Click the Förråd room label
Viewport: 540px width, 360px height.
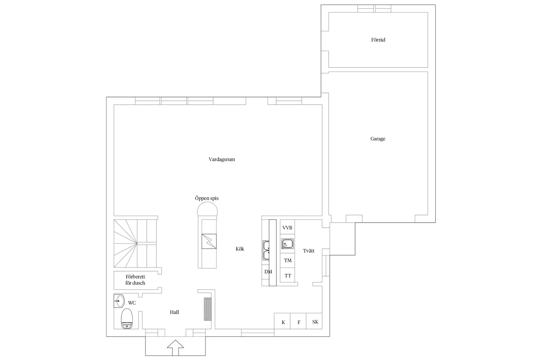(378, 40)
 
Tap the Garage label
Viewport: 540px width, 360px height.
(378, 139)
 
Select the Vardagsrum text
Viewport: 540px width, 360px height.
(222, 159)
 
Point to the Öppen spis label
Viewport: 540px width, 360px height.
(207, 198)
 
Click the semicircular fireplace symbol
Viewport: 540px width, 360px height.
(207, 210)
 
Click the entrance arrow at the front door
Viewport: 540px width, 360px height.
(175, 347)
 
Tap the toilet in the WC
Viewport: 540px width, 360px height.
(127, 319)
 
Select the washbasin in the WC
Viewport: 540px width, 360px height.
(119, 301)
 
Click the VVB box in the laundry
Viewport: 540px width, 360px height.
(287, 228)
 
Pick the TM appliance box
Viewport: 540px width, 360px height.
(288, 261)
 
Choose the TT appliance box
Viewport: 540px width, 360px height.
(288, 276)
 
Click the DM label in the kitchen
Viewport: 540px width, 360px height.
(268, 272)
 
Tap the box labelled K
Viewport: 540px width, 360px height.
(283, 322)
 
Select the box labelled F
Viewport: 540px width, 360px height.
(298, 322)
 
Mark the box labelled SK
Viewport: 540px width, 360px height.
(315, 322)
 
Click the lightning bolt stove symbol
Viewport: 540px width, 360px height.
(209, 241)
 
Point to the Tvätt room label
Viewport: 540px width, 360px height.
(309, 251)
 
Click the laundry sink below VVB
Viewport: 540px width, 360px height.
(287, 244)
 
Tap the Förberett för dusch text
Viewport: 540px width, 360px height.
(135, 280)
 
